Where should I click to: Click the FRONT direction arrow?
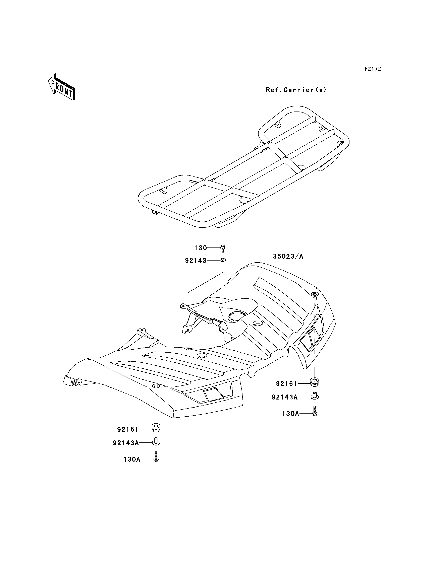pos(62,87)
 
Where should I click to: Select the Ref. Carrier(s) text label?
pos(296,90)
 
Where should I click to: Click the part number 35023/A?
pos(288,256)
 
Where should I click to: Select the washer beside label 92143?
pos(223,260)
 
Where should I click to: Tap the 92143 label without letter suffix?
pos(196,261)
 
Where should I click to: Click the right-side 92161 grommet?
pos(315,382)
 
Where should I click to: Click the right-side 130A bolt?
pos(315,411)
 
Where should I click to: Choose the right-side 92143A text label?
pos(284,397)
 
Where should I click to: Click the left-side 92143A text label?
pos(126,443)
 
